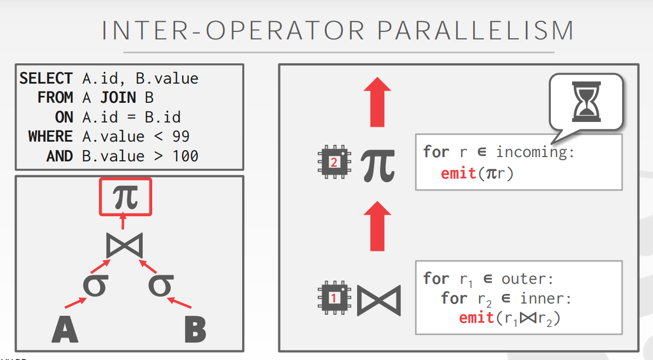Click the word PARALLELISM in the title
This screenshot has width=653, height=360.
[475, 30]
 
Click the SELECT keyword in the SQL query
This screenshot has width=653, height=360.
[46, 79]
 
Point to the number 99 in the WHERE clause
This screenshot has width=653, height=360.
[181, 137]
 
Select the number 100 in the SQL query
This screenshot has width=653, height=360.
[186, 157]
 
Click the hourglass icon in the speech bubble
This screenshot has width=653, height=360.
[585, 102]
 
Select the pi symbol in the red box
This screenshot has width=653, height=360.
[126, 197]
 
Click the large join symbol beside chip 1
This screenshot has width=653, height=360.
[378, 300]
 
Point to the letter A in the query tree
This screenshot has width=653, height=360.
[65, 330]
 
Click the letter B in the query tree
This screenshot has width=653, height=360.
[195, 330]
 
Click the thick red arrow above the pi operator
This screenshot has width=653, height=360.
[377, 102]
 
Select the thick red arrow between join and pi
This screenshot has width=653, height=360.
[377, 226]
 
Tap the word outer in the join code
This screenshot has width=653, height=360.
[527, 279]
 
